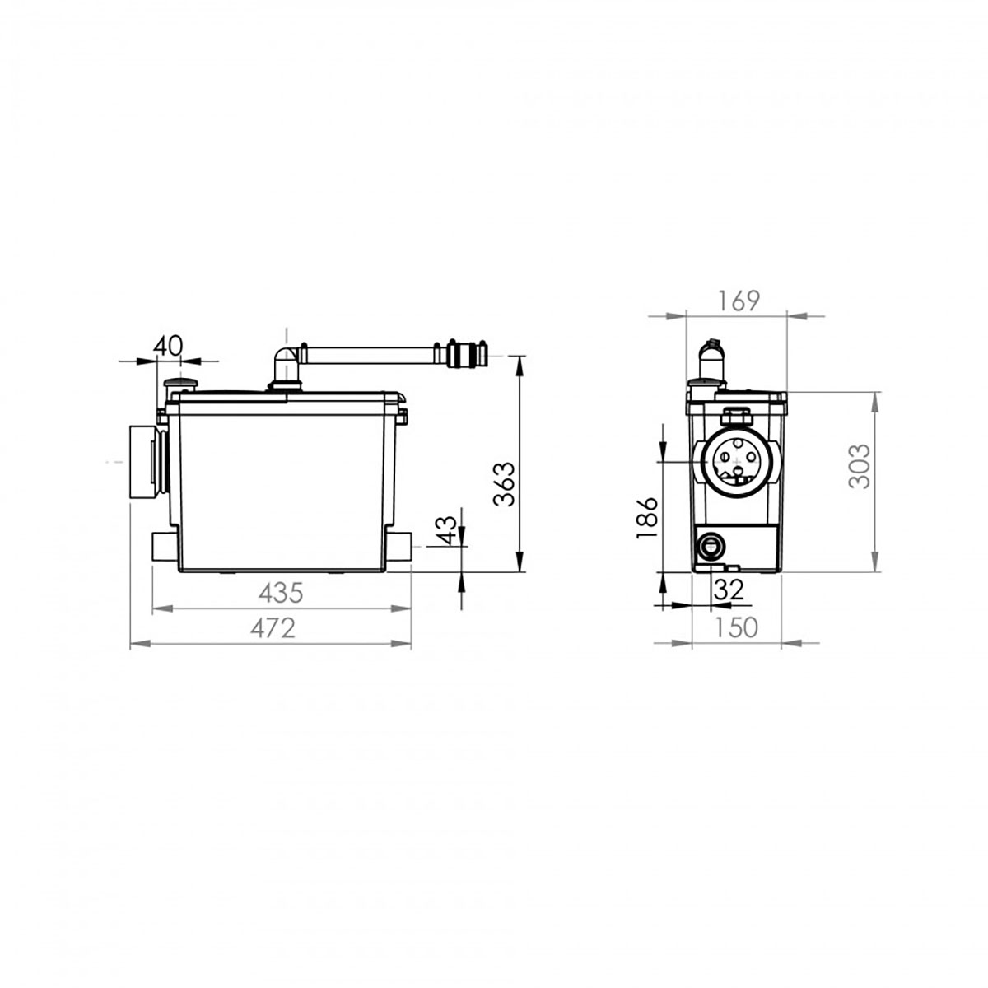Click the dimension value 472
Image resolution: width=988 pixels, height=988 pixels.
(x=273, y=627)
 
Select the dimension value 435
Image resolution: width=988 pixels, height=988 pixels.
(x=281, y=593)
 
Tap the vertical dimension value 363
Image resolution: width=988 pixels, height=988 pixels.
(x=504, y=484)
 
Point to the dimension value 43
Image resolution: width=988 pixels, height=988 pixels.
(x=445, y=530)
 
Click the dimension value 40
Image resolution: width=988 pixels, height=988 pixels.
(x=168, y=346)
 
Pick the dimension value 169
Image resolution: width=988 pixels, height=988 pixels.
(x=739, y=301)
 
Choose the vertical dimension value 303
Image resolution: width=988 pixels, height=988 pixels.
(x=860, y=465)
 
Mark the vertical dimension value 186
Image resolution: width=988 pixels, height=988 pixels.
(x=646, y=517)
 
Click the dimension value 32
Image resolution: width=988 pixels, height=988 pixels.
(x=729, y=590)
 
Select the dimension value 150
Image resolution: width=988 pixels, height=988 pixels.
(x=736, y=627)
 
